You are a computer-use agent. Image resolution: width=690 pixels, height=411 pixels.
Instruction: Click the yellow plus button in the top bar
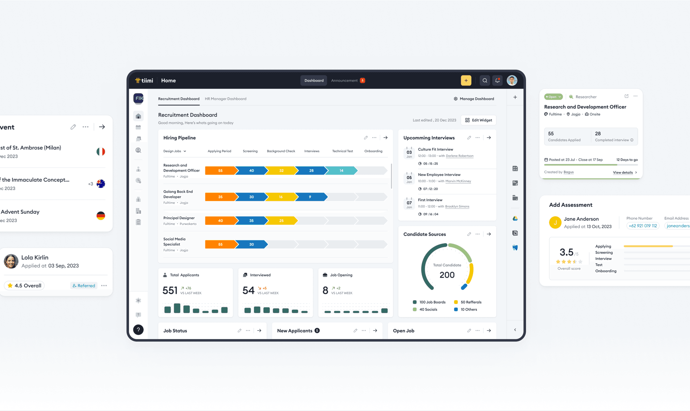coord(466,80)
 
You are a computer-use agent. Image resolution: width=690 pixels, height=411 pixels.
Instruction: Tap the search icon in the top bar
coord(485,80)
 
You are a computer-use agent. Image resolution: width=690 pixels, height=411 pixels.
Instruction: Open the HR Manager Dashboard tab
coord(225,99)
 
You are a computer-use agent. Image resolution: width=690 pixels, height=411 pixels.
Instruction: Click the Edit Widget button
coord(478,120)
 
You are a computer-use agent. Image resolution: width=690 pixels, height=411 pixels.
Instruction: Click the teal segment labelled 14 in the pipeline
coord(341,171)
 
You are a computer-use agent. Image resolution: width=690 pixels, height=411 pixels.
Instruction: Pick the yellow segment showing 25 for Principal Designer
coord(281,221)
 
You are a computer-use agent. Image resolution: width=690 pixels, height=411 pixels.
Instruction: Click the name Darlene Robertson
coord(460,156)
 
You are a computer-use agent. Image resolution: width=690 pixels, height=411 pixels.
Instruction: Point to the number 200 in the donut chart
coord(447,275)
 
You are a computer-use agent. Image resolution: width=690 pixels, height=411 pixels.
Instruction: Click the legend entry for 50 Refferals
coord(468,302)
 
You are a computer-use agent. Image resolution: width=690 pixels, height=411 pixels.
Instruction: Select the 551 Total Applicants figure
coord(170,290)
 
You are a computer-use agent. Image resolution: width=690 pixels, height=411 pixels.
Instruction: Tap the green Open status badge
coord(553,97)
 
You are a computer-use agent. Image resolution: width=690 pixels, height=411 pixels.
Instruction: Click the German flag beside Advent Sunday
coord(101,216)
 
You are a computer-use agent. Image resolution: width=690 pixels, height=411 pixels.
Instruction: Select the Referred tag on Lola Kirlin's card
coord(84,285)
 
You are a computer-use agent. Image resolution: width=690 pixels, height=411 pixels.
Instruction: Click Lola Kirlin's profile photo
coord(11,261)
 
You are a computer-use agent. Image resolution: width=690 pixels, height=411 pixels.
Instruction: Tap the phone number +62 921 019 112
coord(643,226)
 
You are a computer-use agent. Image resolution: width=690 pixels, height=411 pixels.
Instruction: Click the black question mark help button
coord(138,330)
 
